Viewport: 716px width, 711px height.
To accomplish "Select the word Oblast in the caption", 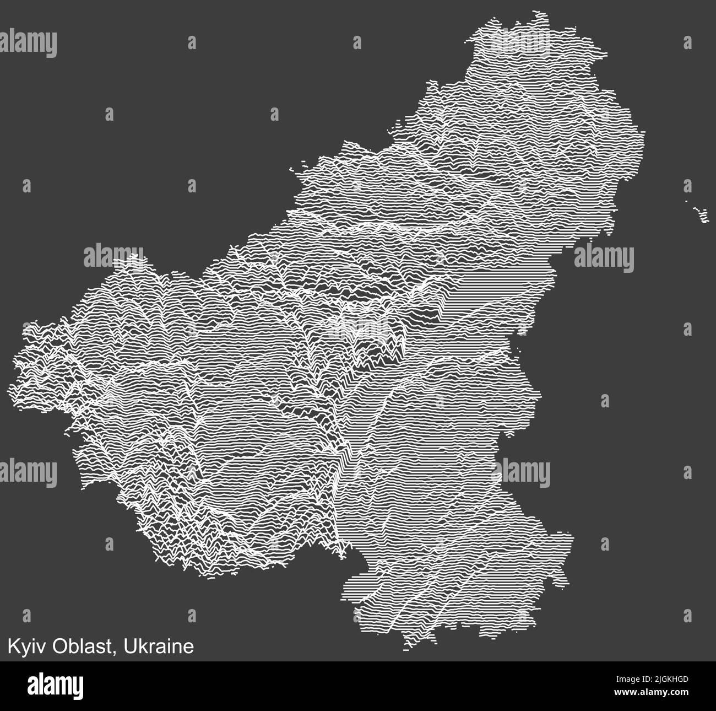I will (x=83, y=646).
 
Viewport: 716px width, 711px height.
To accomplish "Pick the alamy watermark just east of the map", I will (x=604, y=258).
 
